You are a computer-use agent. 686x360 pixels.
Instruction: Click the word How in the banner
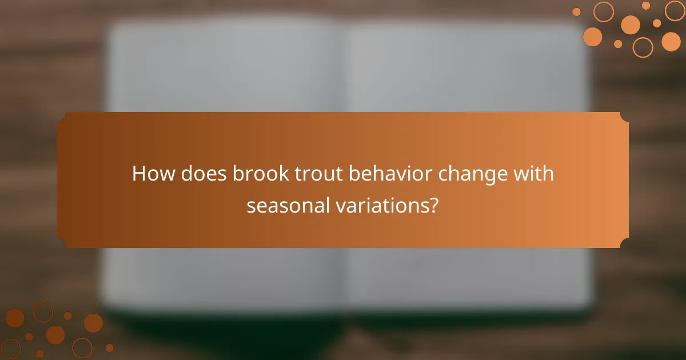153,174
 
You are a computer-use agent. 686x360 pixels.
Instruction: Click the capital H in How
139,174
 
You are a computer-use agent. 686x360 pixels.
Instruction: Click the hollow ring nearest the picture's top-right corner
675,10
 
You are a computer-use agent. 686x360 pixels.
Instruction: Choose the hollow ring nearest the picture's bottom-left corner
11,349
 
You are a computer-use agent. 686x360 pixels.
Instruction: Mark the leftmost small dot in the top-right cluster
576,12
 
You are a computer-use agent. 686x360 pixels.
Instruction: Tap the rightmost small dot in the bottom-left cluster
109,347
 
